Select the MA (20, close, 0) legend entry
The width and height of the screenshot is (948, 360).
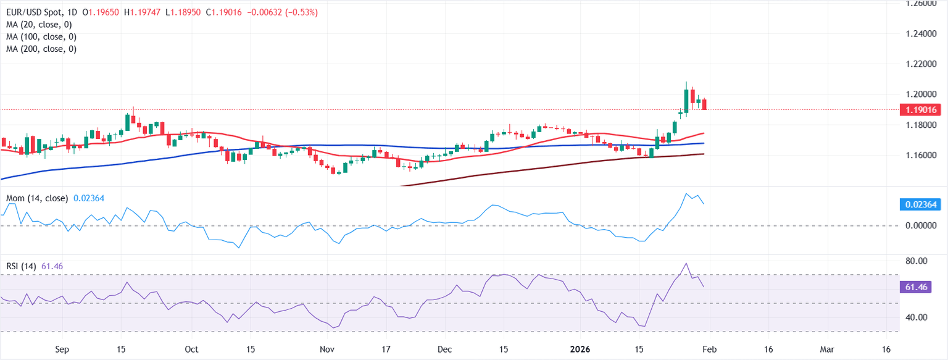tap(41, 25)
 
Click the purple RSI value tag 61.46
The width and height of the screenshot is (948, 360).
tap(923, 287)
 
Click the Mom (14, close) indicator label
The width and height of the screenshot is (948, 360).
tap(38, 198)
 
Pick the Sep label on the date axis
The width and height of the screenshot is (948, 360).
tap(62, 349)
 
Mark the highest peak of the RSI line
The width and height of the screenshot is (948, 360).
tap(686, 263)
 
